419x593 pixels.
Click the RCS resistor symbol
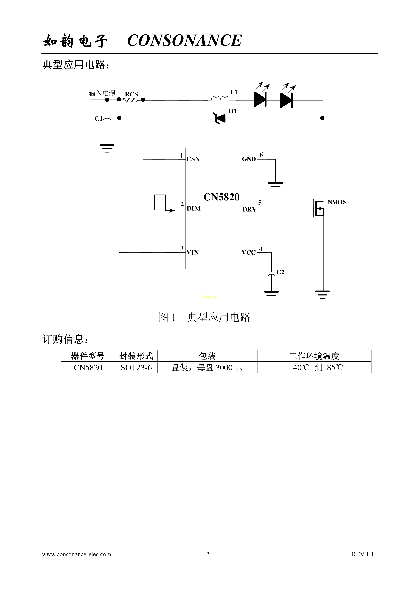[131, 100]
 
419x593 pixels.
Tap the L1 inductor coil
[220, 98]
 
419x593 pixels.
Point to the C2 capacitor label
[280, 272]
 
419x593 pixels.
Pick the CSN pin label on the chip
[193, 159]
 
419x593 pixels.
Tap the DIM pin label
[194, 208]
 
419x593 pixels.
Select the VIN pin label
[193, 253]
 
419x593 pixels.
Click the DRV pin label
[249, 209]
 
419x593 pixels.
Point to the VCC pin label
[248, 253]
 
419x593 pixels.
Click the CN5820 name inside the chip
[221, 197]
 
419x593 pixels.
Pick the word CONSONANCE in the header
[184, 41]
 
